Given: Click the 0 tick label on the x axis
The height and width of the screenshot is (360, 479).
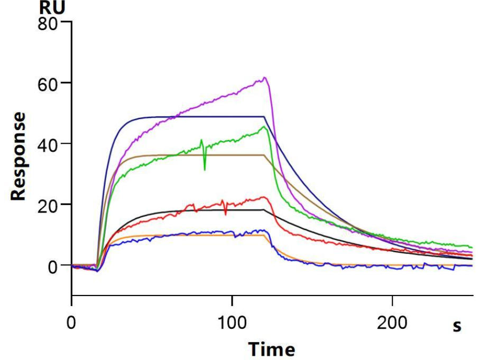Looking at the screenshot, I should [x=71, y=322].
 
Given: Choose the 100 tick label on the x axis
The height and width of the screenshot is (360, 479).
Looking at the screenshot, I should [x=232, y=322].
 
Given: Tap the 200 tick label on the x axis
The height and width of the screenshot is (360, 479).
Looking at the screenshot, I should [x=392, y=322].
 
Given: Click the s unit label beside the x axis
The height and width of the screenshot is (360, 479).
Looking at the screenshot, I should [x=457, y=327].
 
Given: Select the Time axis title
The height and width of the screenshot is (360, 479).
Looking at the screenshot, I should [x=272, y=349].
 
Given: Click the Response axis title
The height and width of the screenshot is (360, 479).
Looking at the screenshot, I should [x=19, y=156].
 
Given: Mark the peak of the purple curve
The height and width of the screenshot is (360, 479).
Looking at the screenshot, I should [x=265, y=78].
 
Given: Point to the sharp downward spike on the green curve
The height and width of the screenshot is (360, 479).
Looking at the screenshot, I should [x=205, y=170].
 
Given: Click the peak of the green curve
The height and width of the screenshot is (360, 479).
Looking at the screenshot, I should [x=264, y=126].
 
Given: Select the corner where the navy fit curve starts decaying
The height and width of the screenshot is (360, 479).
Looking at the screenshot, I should [x=264, y=116].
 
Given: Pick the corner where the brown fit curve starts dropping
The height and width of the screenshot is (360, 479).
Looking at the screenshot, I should [x=264, y=155].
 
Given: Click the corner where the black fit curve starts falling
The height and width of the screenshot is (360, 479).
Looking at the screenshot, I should [x=264, y=210].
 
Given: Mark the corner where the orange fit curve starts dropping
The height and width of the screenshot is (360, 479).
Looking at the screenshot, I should [x=264, y=235].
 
